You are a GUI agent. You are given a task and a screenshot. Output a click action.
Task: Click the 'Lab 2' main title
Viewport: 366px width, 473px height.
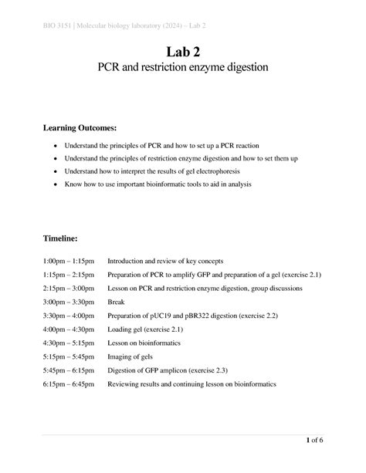click(182, 52)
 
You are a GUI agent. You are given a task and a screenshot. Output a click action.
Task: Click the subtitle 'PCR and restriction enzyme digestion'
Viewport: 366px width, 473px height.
click(182, 69)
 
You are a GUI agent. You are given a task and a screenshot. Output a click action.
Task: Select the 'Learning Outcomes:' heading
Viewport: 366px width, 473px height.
click(85, 127)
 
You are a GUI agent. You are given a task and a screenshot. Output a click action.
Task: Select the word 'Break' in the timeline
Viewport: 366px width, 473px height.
click(116, 302)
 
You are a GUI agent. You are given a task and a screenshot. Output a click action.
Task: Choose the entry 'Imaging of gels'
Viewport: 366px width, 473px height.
click(131, 356)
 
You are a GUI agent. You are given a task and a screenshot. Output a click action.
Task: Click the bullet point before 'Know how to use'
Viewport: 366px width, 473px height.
click(54, 185)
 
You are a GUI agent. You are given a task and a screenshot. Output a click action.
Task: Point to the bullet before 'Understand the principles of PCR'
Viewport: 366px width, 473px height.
click(54, 146)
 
